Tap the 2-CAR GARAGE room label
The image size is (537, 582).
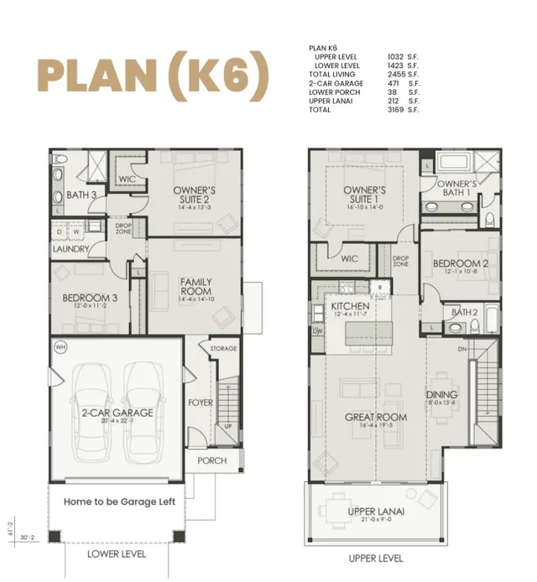pos(117,413)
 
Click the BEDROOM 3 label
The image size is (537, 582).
pos(90,299)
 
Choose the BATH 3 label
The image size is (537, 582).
pos(81,195)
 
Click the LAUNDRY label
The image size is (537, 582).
pos(70,249)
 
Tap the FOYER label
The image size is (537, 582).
pos(200,403)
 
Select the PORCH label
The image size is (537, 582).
pos(211,460)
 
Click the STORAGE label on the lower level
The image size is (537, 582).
pos(223,348)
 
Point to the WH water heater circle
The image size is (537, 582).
pos(60,347)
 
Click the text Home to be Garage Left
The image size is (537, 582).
pos(119,501)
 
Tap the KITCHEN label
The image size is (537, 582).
pos(350,307)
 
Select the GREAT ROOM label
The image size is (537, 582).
pos(375,417)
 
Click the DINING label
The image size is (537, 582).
pos(441,395)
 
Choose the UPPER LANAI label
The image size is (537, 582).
pos(377,512)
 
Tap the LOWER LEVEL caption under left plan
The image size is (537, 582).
pos(117,554)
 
